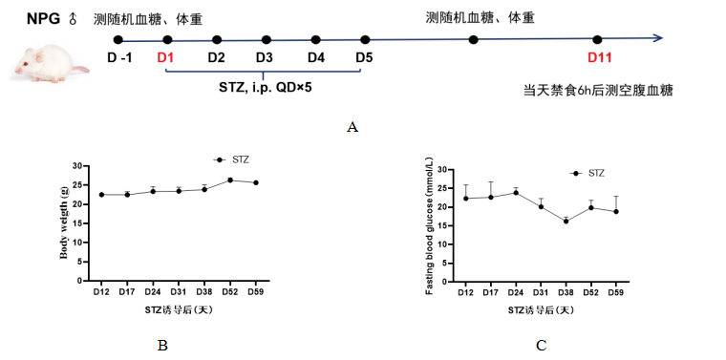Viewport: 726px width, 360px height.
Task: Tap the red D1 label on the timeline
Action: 165,57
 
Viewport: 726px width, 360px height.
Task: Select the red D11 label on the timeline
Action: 599,57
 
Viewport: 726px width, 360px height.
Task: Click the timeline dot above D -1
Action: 117,40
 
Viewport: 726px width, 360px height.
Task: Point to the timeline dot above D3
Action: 267,40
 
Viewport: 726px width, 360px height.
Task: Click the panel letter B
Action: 162,346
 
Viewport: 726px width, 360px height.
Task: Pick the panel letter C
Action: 541,346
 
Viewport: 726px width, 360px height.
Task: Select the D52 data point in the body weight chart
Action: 229,180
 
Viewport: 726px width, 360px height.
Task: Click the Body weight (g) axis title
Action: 65,223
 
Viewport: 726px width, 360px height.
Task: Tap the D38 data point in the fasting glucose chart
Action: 566,221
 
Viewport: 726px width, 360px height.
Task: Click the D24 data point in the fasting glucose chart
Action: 516,192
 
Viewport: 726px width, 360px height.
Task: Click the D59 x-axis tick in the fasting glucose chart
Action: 617,292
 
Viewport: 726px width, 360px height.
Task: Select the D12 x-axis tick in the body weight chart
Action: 100,292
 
